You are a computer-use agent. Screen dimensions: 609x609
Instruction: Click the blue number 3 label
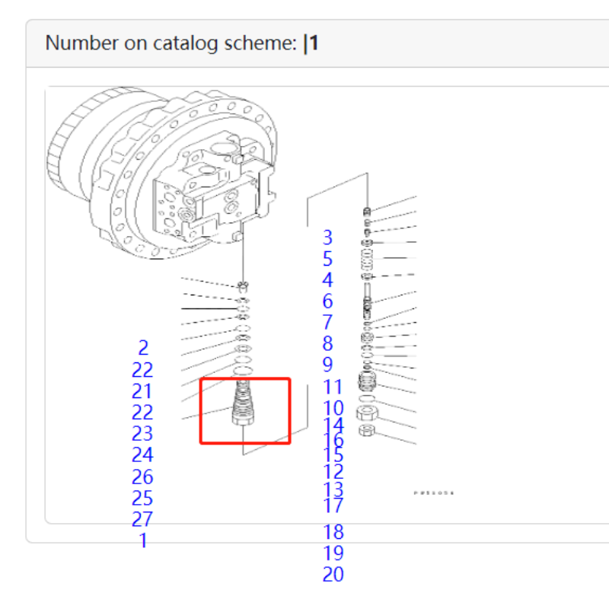327,238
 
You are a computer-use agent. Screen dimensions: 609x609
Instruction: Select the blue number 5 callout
327,259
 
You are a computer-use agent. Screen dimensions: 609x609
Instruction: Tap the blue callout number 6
327,301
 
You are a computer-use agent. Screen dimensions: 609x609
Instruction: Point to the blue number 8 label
327,344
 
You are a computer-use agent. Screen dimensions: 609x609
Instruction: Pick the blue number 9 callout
327,365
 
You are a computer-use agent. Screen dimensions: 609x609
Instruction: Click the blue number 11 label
333,387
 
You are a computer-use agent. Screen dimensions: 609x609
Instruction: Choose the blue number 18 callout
333,532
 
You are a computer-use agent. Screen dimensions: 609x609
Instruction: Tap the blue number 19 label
333,553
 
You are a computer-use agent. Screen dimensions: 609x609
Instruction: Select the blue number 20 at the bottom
333,575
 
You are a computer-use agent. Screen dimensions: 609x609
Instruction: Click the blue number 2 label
143,348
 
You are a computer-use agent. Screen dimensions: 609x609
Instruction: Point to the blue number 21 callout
142,391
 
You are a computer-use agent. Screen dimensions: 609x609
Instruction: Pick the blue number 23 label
142,434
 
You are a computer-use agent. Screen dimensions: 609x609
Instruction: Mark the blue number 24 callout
142,455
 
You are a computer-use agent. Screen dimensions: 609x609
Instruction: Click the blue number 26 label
142,477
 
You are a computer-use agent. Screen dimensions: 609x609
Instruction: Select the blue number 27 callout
142,520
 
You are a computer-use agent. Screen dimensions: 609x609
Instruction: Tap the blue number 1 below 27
143,541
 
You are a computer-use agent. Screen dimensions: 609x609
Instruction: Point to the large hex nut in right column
365,415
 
